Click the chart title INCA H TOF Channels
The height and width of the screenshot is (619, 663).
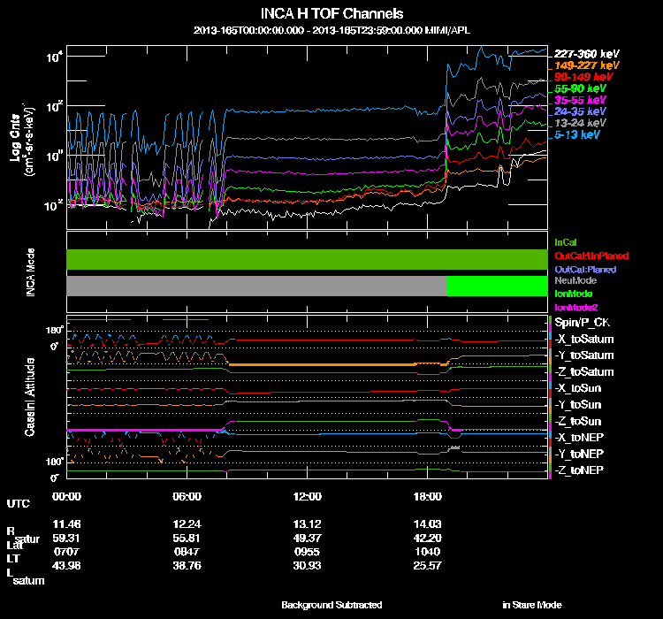click(331, 14)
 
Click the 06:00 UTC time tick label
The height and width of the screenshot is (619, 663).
click(188, 496)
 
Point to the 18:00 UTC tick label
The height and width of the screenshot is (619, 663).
click(428, 496)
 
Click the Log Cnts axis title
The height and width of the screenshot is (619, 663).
click(15, 140)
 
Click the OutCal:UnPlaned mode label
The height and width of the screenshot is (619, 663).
click(591, 256)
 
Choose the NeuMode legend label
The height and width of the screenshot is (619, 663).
click(575, 280)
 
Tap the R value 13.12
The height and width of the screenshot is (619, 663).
click(308, 523)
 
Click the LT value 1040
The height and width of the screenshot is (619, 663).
click(428, 550)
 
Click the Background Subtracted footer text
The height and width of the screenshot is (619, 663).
click(331, 605)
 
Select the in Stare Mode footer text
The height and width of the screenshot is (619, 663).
click(532, 605)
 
